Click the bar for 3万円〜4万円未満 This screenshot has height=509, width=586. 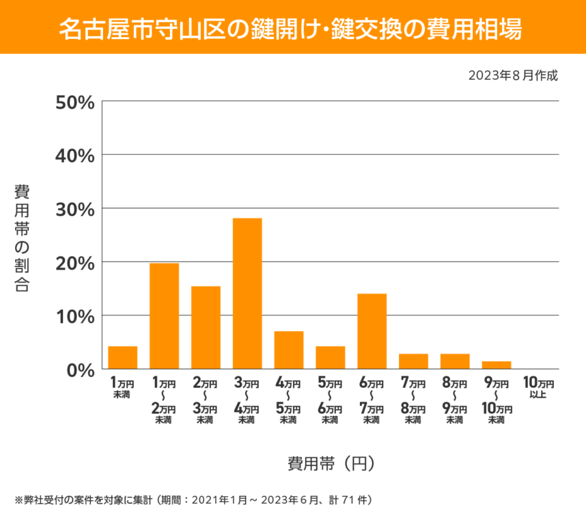tap(247, 293)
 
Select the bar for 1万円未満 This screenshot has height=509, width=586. tap(123, 357)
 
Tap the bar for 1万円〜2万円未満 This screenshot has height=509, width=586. tap(164, 316)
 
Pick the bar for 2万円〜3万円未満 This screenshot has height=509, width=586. tap(206, 328)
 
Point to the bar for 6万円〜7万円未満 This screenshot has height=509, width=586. tap(372, 331)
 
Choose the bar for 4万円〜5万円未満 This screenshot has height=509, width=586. tap(289, 350)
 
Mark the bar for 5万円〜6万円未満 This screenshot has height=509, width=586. tap(330, 357)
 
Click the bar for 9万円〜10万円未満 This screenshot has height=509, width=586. tap(496, 365)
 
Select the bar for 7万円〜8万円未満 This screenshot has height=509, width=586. tap(413, 361)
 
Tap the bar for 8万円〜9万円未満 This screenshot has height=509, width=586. tap(455, 361)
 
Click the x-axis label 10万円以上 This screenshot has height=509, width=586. tap(538, 388)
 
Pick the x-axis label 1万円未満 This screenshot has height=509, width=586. tap(123, 388)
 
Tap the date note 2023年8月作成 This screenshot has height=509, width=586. tap(513, 75)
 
